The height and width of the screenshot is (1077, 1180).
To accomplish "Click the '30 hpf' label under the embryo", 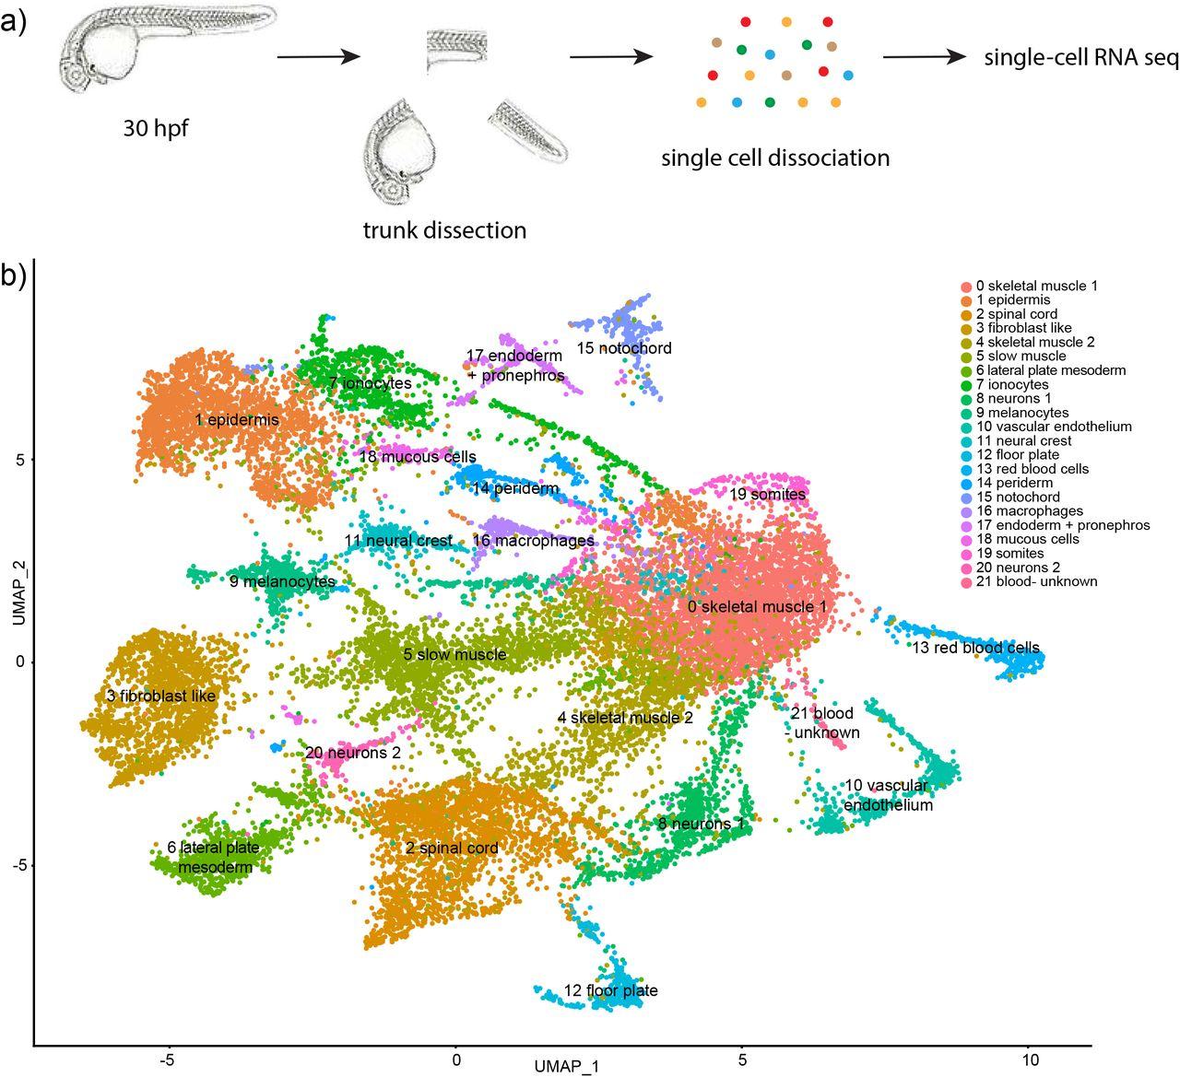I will coord(156,128).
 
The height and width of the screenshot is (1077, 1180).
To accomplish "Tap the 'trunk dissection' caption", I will coord(445,229).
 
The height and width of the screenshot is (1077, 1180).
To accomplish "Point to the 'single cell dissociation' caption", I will coord(775,158).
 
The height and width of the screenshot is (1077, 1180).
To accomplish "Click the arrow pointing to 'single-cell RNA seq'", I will coord(925,57).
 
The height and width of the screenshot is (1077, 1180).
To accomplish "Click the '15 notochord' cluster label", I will coord(624,348).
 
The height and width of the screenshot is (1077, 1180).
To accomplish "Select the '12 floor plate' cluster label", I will coord(611,991).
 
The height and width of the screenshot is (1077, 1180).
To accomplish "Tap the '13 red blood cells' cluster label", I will coord(975,648).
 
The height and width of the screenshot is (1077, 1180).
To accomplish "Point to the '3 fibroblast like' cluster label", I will coord(161,697).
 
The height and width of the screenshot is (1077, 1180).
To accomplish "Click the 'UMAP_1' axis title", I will coord(566,1066).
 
